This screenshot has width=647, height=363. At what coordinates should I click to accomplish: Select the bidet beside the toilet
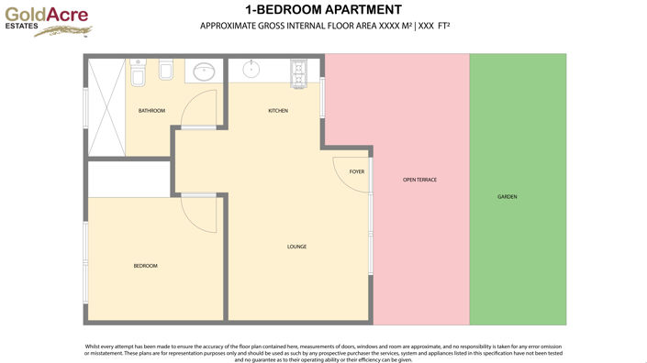(x=163, y=71)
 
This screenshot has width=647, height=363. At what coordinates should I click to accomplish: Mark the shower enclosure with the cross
(x=106, y=105)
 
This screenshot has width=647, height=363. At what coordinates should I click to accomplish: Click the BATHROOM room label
(x=151, y=111)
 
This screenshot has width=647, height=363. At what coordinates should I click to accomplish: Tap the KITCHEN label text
(x=278, y=111)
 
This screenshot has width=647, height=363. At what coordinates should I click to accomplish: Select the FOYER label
(x=357, y=171)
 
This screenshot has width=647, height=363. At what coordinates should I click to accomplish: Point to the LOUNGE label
(x=296, y=247)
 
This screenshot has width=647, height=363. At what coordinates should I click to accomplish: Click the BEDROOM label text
(x=146, y=266)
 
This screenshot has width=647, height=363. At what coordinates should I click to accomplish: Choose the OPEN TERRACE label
(x=419, y=180)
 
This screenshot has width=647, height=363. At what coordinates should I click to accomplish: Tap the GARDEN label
(x=508, y=197)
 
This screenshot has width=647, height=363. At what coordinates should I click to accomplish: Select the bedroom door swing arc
(x=200, y=213)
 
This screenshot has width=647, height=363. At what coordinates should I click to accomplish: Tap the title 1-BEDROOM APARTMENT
(x=323, y=9)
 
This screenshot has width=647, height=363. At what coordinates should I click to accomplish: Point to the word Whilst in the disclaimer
(x=89, y=346)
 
